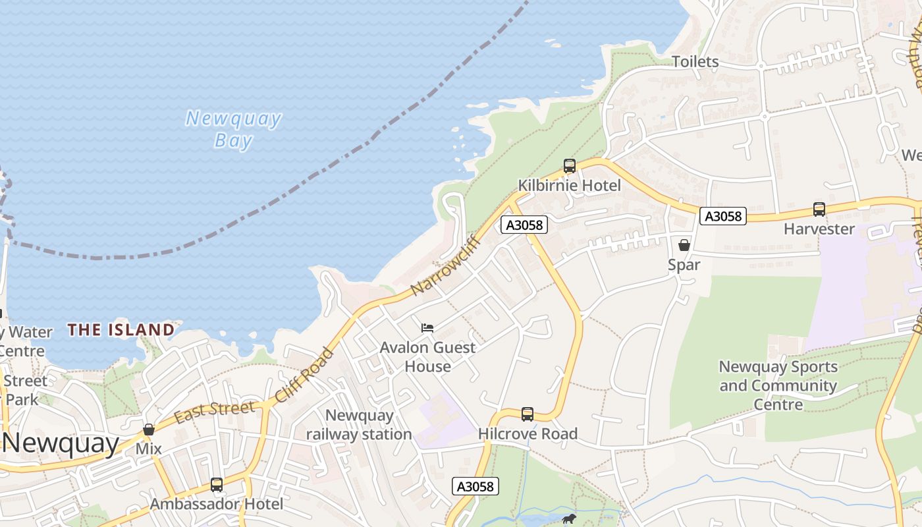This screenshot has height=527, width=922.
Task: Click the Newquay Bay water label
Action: [x=233, y=129]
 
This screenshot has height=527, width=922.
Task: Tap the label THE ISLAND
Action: [x=121, y=329]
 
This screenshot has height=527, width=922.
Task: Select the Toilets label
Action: [x=695, y=62]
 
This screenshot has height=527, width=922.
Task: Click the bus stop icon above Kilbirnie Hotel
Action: [x=569, y=166]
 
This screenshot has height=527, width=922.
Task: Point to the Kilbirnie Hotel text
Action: [x=569, y=186]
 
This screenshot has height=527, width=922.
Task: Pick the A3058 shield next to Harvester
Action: [x=722, y=216]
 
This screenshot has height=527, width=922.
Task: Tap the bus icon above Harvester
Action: [x=819, y=209]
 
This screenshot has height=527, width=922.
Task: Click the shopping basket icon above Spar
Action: [x=684, y=245]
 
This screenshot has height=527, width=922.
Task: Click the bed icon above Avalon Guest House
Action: [x=427, y=327]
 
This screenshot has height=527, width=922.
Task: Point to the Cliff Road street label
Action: [x=304, y=376]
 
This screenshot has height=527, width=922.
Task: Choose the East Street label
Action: [x=214, y=412]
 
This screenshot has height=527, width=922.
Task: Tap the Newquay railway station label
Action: [x=359, y=425]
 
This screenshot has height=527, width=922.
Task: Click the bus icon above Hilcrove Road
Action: [x=527, y=414]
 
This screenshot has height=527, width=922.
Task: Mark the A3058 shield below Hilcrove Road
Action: [x=475, y=486]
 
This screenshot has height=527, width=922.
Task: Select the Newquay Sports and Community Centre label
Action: [x=778, y=385]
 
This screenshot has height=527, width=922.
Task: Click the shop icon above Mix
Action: [x=149, y=430]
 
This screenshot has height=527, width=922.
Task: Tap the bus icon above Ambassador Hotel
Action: [x=216, y=485]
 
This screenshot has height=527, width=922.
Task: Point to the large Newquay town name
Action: [x=61, y=443]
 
